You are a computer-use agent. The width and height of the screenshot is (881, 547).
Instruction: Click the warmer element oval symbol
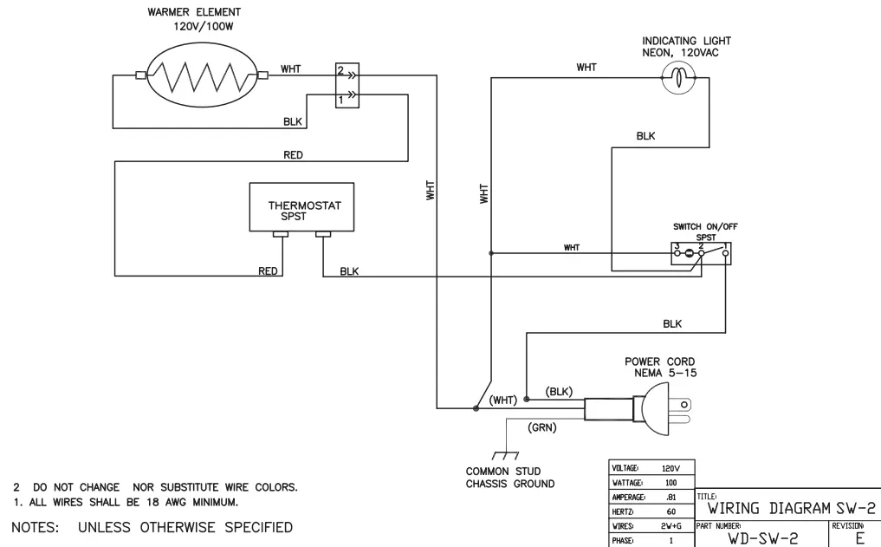click(201, 76)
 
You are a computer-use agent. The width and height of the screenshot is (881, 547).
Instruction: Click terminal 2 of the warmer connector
click(342, 70)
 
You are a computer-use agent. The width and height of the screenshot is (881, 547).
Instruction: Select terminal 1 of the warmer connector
click(342, 100)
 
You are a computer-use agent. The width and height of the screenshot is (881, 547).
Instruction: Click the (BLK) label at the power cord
click(559, 392)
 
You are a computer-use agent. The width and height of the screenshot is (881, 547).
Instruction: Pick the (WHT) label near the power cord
click(502, 400)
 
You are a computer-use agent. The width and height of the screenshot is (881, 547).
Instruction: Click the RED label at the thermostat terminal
click(269, 271)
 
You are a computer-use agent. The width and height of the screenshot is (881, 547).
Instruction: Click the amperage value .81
click(670, 498)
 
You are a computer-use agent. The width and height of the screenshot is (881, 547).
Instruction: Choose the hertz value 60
click(670, 512)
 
